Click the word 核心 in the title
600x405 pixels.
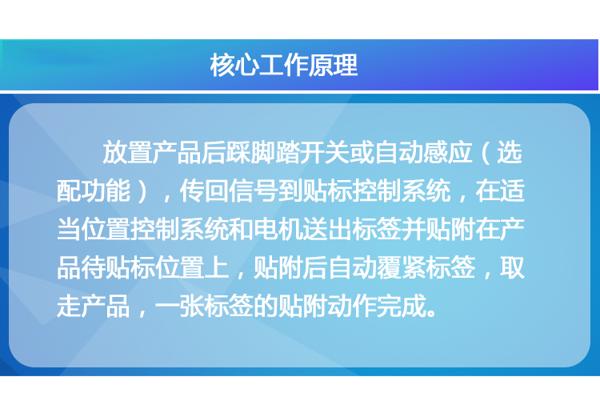[x=234, y=65]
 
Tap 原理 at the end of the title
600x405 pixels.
[x=334, y=65]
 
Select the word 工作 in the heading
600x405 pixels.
[x=284, y=65]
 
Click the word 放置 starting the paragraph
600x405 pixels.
[x=127, y=152]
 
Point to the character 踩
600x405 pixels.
[x=238, y=152]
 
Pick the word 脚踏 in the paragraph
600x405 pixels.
[x=274, y=152]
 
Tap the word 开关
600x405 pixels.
[x=324, y=152]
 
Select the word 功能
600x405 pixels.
[x=106, y=190]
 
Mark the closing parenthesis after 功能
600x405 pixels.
[x=142, y=190]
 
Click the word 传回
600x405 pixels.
[x=204, y=190]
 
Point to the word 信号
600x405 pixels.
[x=254, y=190]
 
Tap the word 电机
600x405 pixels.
[x=278, y=229]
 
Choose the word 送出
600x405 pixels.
[x=326, y=229]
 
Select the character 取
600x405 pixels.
[x=512, y=267]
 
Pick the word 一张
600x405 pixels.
[x=179, y=306]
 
